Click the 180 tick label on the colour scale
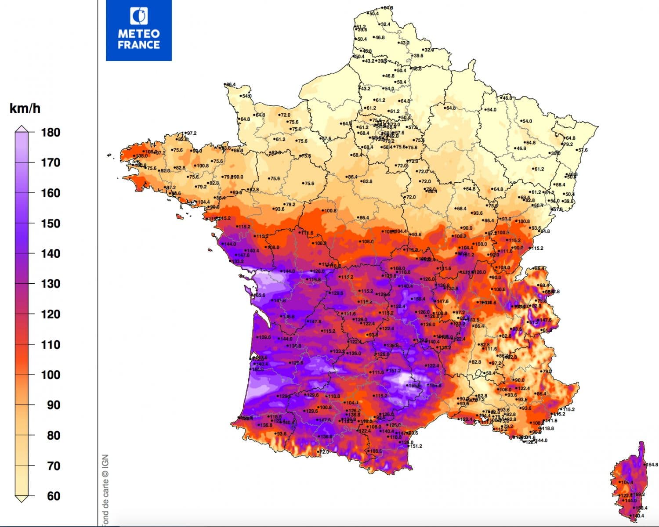(x=51, y=132)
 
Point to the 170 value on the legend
(x=51, y=162)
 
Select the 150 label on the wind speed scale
(x=51, y=223)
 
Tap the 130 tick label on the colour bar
(x=51, y=284)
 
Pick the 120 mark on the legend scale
(x=51, y=314)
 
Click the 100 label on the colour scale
(x=51, y=375)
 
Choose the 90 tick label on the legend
(x=53, y=405)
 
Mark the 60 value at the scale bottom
(x=53, y=496)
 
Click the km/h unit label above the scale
(x=25, y=108)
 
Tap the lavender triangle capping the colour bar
(x=22, y=129)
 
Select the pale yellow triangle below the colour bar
(x=22, y=498)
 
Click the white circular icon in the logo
(x=139, y=16)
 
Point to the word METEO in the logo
(x=139, y=34)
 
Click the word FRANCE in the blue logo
(x=139, y=45)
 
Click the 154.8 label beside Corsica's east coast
(x=652, y=465)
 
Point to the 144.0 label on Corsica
(x=630, y=501)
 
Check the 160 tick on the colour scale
(x=51, y=193)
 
